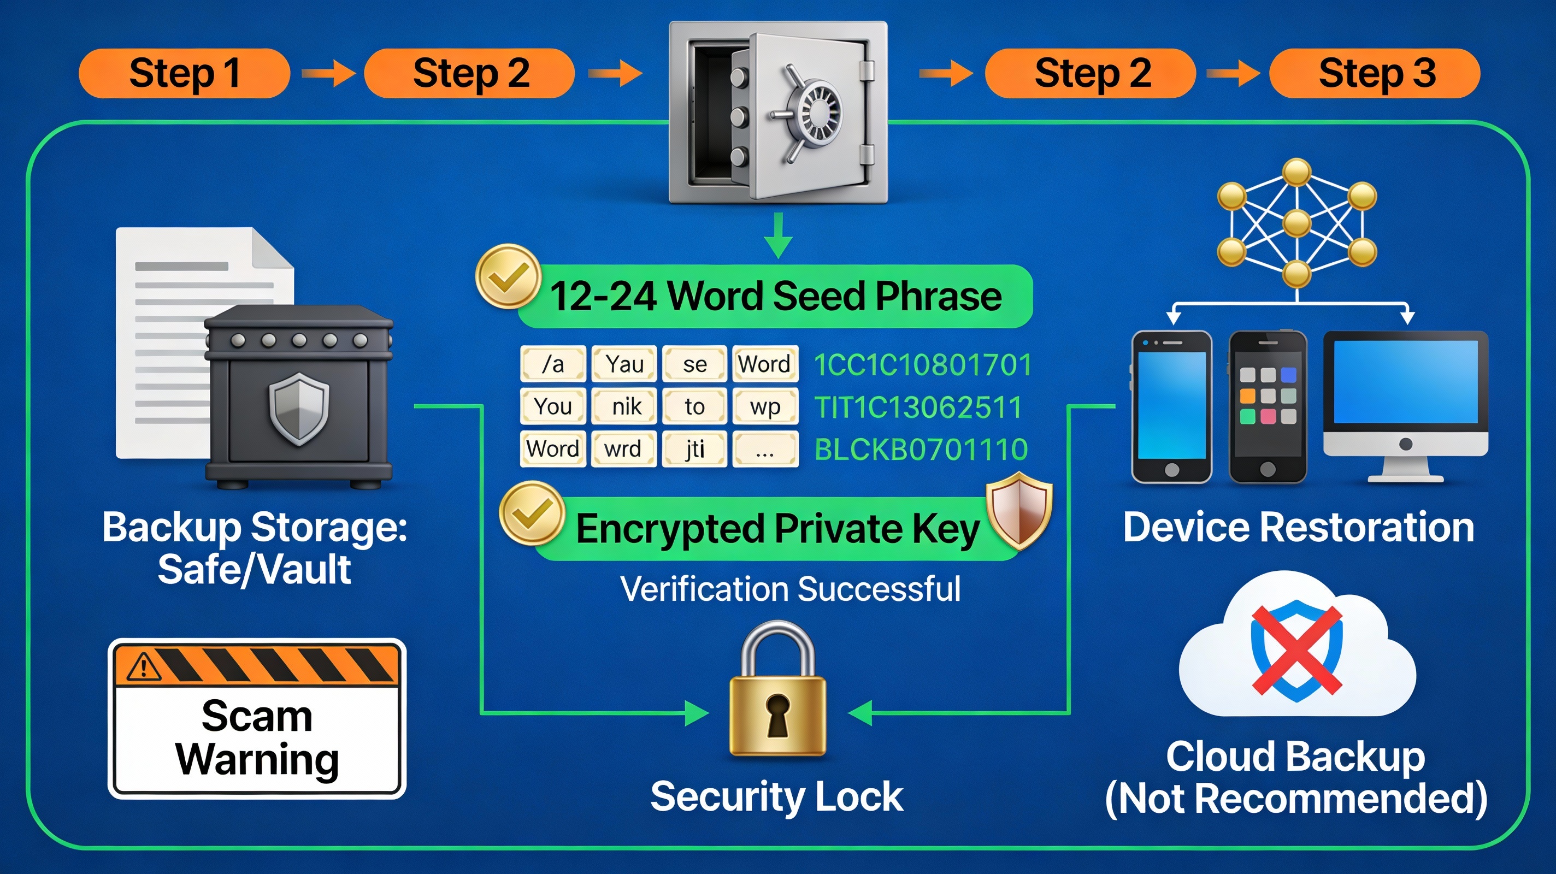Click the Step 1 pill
click(x=184, y=74)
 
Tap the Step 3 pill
click(x=1375, y=74)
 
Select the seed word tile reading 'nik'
click(x=624, y=406)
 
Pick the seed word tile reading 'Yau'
click(x=624, y=364)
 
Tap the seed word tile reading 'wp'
click(x=765, y=406)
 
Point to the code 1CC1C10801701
click(x=922, y=365)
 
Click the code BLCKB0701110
click(x=921, y=450)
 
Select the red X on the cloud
click(x=1296, y=650)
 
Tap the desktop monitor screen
click(x=1406, y=382)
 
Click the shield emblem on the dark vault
click(x=298, y=408)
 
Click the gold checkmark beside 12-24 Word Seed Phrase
click(x=508, y=276)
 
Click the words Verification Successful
click(x=790, y=589)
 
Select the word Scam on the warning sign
click(x=257, y=716)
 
